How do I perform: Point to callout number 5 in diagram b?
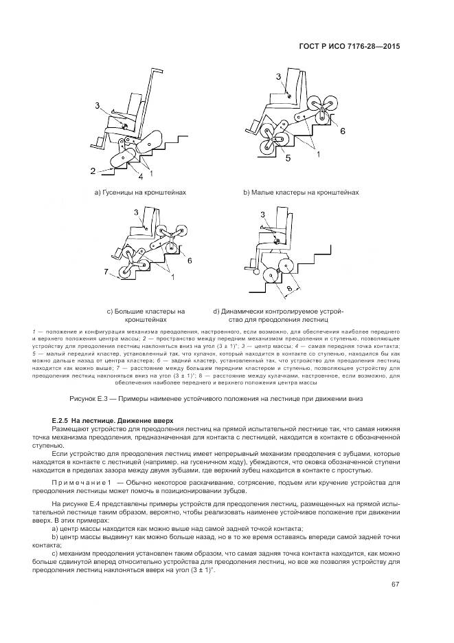tap(269, 157)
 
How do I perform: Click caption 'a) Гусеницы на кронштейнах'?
tap(140, 193)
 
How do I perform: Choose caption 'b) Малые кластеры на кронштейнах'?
tap(300, 193)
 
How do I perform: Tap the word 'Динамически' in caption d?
tap(244, 311)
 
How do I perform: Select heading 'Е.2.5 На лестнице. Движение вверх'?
tap(104, 419)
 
